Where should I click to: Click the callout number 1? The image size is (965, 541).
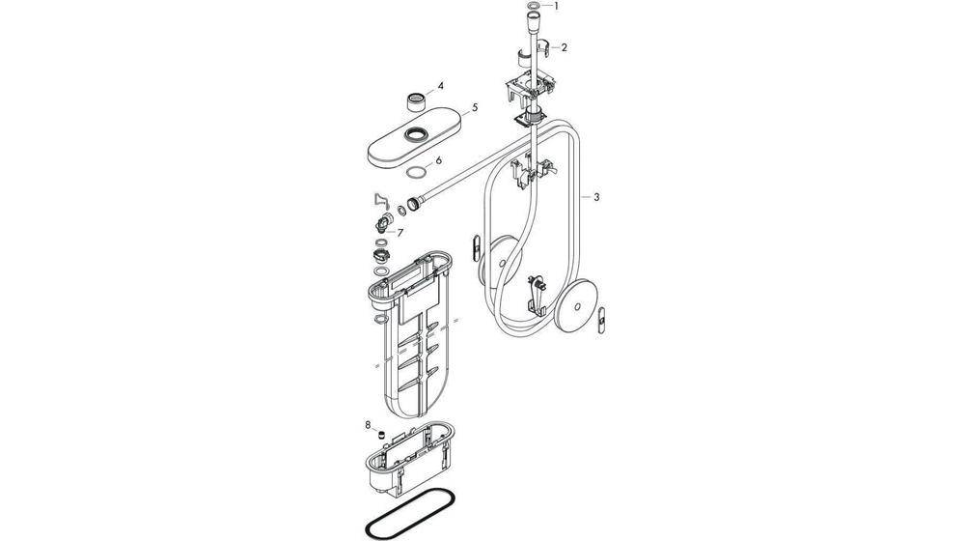point(557,6)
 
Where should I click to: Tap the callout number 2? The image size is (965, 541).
point(564,47)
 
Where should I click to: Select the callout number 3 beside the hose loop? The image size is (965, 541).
point(595,197)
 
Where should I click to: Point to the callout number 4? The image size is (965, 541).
point(440,86)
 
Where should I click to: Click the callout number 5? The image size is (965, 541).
point(475,108)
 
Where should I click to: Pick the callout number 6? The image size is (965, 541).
point(438,160)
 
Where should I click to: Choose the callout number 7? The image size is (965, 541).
point(400,233)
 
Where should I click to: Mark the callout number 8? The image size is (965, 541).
point(368,425)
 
